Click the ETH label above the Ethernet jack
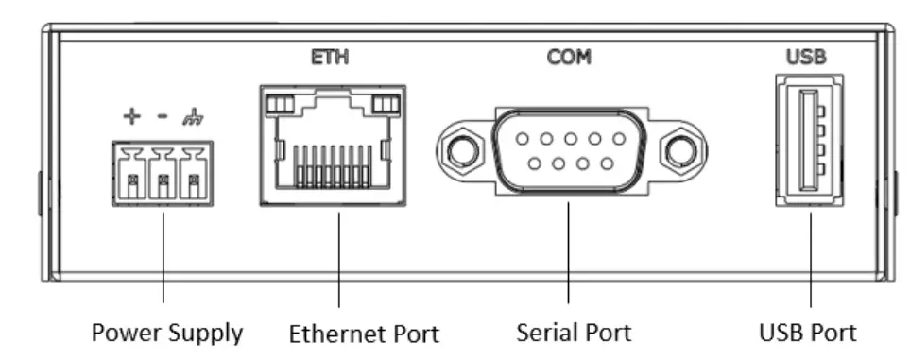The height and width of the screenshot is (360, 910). point(330,58)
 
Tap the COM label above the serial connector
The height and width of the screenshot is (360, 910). point(569,58)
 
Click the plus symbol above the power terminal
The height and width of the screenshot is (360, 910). point(132,117)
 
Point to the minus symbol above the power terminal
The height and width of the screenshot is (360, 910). point(163,117)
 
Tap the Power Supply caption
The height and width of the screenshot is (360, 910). point(166,333)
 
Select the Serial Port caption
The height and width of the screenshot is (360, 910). point(575,333)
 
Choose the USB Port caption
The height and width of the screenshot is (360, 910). point(808,333)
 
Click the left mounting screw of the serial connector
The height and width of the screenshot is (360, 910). point(461,149)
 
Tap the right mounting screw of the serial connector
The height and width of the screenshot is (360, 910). point(677,149)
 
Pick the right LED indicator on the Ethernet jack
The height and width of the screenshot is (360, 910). point(386,103)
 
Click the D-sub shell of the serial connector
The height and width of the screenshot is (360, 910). point(569,149)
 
